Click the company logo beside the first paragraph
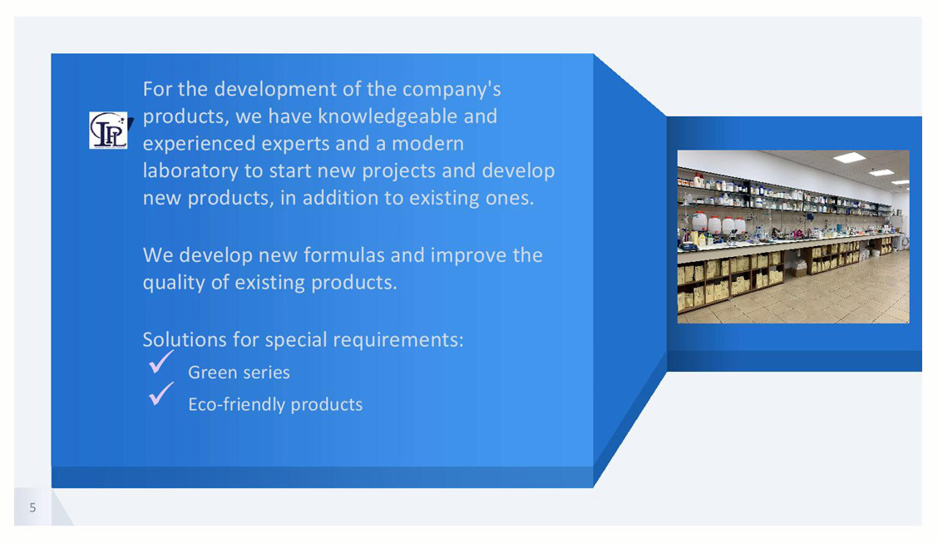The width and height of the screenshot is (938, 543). (x=109, y=130)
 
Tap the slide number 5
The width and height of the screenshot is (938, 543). (x=33, y=508)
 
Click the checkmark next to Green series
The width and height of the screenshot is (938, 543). (x=161, y=362)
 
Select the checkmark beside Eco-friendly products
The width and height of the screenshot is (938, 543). (x=161, y=394)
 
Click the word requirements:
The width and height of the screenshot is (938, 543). (x=397, y=340)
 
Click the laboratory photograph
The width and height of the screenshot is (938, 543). (x=793, y=237)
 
